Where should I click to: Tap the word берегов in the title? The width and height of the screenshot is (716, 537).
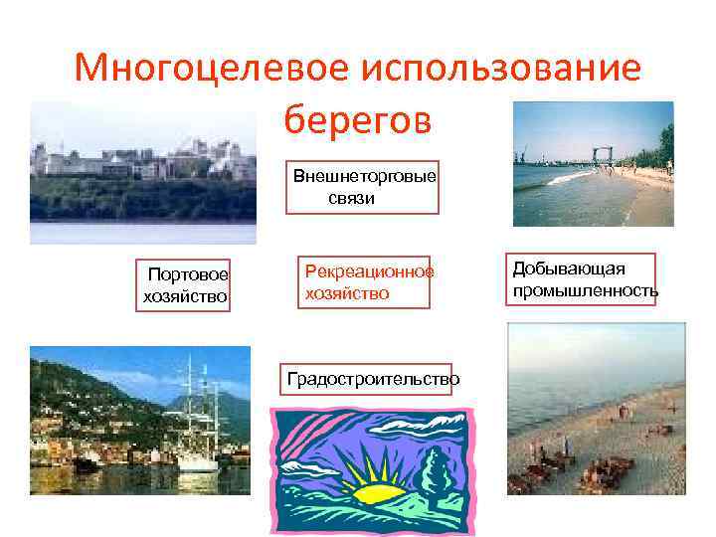tap(357, 120)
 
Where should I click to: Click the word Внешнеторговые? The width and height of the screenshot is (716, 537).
tap(364, 176)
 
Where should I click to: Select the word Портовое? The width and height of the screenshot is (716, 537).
tap(188, 274)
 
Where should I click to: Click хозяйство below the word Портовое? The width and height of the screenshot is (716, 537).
tap(185, 295)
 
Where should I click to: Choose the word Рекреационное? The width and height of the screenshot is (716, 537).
tap(369, 270)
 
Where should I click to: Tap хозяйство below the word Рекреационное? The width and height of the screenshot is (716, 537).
tap(347, 294)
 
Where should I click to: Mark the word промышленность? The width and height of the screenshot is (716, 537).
tap(585, 290)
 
